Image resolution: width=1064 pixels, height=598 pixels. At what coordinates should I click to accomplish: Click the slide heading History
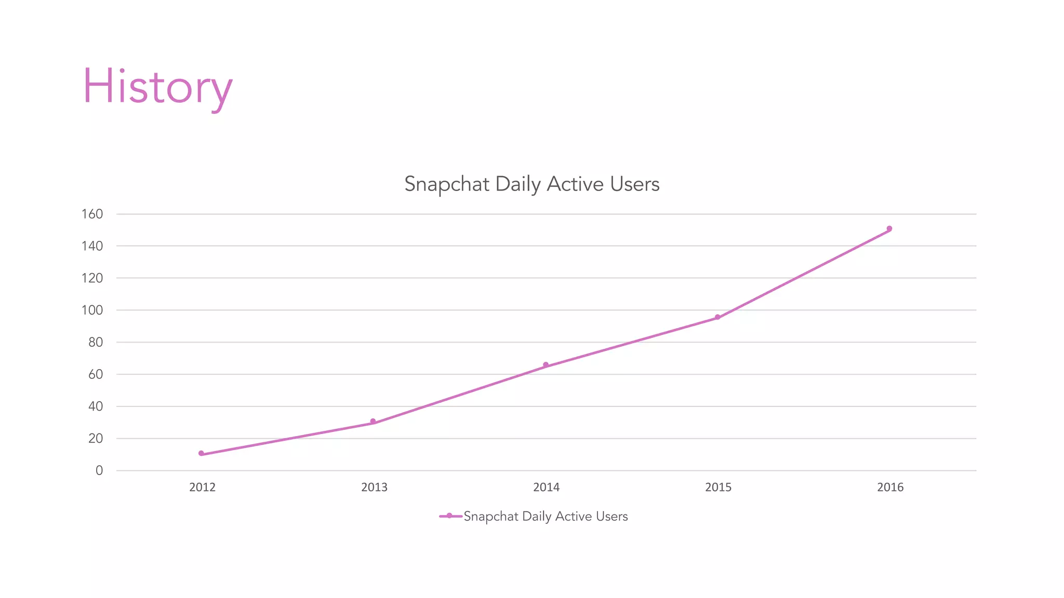157,87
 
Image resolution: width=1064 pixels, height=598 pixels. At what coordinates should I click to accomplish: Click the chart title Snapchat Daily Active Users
531,184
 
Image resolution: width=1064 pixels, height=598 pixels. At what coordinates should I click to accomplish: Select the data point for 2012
202,454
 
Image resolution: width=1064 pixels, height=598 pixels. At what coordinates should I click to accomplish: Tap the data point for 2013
373,422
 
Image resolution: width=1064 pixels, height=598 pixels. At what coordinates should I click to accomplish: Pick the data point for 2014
546,365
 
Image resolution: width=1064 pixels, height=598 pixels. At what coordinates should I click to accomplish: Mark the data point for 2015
717,317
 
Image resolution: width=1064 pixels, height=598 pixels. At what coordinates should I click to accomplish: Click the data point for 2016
889,229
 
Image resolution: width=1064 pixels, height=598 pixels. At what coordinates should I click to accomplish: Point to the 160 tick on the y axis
92,214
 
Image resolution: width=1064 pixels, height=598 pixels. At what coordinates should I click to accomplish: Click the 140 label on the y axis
92,246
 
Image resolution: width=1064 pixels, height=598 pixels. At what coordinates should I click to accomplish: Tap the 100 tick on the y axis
92,310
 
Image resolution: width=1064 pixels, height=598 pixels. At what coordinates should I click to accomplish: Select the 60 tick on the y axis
96,374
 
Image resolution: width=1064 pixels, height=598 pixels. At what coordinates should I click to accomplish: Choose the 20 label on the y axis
96,439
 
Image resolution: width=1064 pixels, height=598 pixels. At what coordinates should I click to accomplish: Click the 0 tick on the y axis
99,471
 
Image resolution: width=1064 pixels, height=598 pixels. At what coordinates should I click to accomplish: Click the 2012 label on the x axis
202,487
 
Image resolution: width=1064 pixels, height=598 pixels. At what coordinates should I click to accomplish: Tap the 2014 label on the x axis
546,487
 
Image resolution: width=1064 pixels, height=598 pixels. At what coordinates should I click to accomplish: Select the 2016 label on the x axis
890,487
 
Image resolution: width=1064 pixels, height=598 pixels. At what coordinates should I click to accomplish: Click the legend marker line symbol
450,516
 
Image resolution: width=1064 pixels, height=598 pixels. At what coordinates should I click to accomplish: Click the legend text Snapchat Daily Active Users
546,517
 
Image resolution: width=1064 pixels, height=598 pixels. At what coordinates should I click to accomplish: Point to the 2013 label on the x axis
374,487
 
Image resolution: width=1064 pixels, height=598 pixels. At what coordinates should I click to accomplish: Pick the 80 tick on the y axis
96,343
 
